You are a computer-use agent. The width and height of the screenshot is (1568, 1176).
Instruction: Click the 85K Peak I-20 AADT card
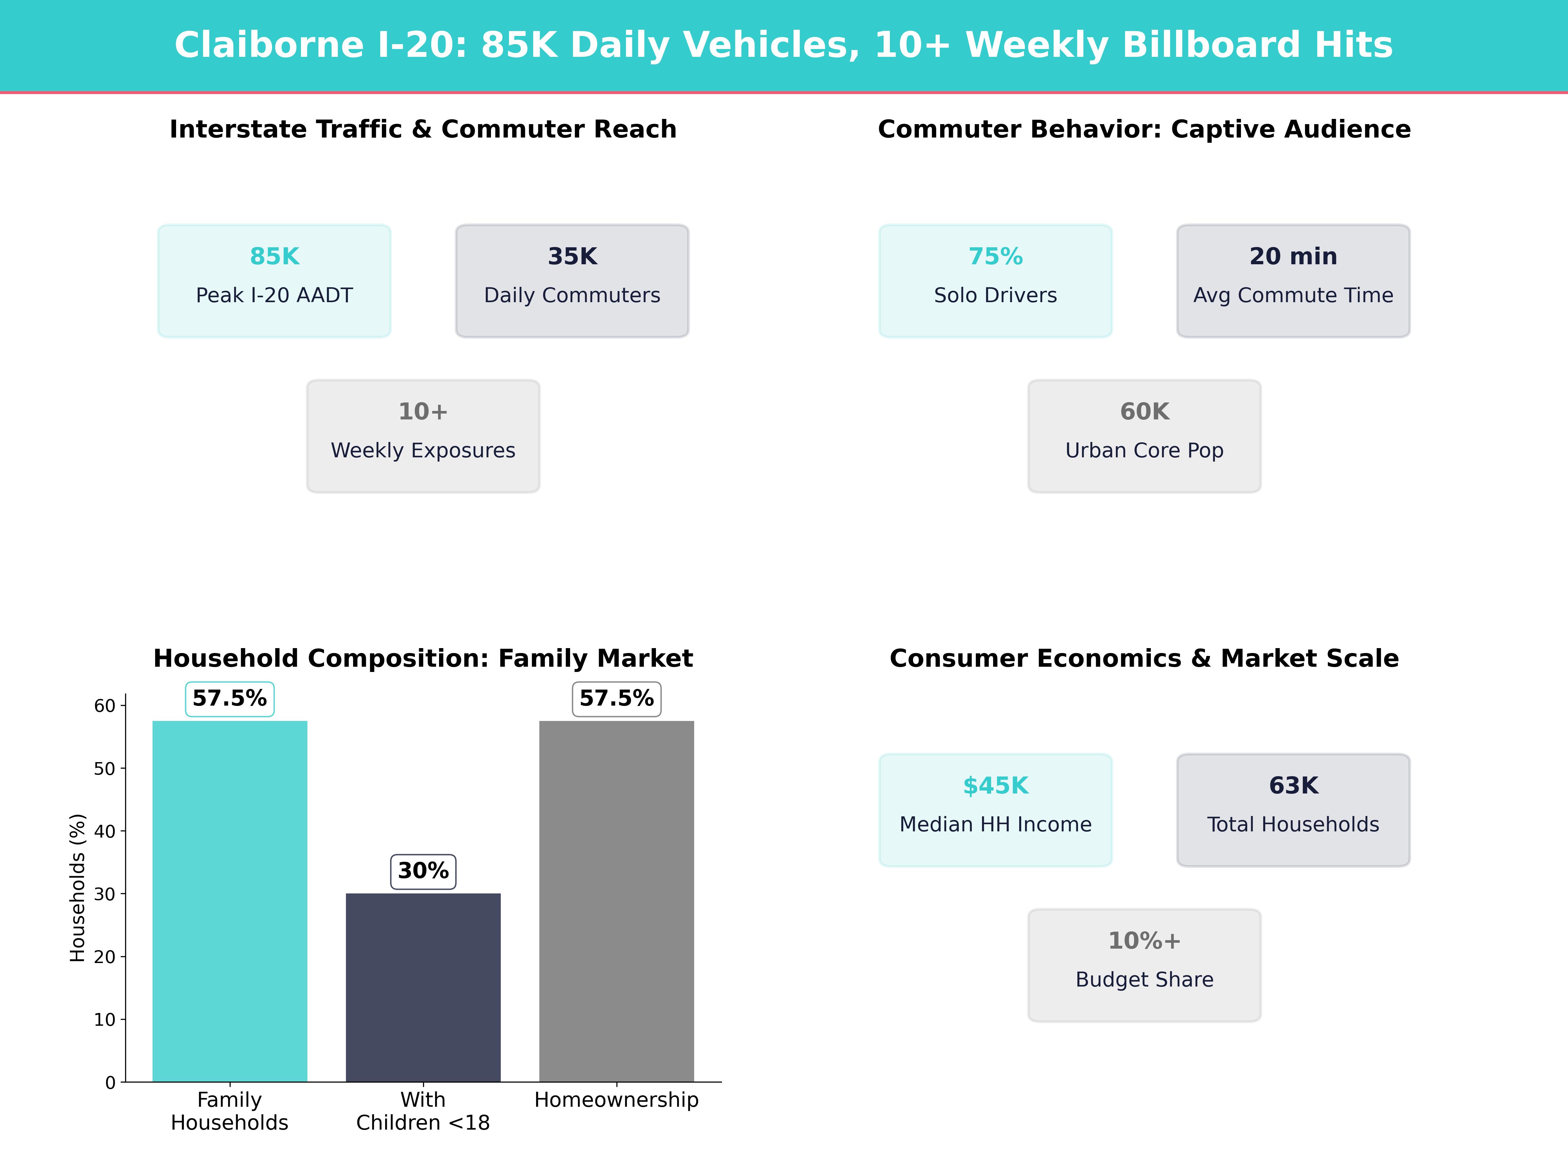[x=274, y=281]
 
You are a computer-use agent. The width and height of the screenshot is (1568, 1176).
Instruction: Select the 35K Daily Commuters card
[x=572, y=281]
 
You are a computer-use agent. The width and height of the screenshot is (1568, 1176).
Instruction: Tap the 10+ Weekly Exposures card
[x=423, y=436]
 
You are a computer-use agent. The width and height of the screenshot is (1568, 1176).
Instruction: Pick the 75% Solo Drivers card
[x=995, y=281]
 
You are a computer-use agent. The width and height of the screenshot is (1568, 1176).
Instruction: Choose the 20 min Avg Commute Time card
[x=1293, y=281]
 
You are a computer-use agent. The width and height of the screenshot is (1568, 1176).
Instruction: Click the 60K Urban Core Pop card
[x=1144, y=436]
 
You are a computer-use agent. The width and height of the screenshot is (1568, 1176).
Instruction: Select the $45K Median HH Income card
[x=995, y=809]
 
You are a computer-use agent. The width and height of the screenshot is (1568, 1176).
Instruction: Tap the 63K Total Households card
[x=1293, y=809]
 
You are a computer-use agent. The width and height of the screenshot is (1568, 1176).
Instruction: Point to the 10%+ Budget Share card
[x=1144, y=965]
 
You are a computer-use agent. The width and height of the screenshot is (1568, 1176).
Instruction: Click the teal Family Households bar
[x=230, y=901]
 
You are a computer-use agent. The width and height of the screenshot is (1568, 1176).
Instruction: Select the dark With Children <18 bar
[x=423, y=988]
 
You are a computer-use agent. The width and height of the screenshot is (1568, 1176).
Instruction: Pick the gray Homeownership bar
[x=617, y=901]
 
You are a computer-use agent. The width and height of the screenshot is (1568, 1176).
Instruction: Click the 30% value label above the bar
[x=423, y=871]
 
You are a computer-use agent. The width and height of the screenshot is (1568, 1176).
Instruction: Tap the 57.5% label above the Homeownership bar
[x=617, y=699]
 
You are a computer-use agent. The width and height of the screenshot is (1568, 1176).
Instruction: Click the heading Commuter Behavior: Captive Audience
[x=1144, y=129]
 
